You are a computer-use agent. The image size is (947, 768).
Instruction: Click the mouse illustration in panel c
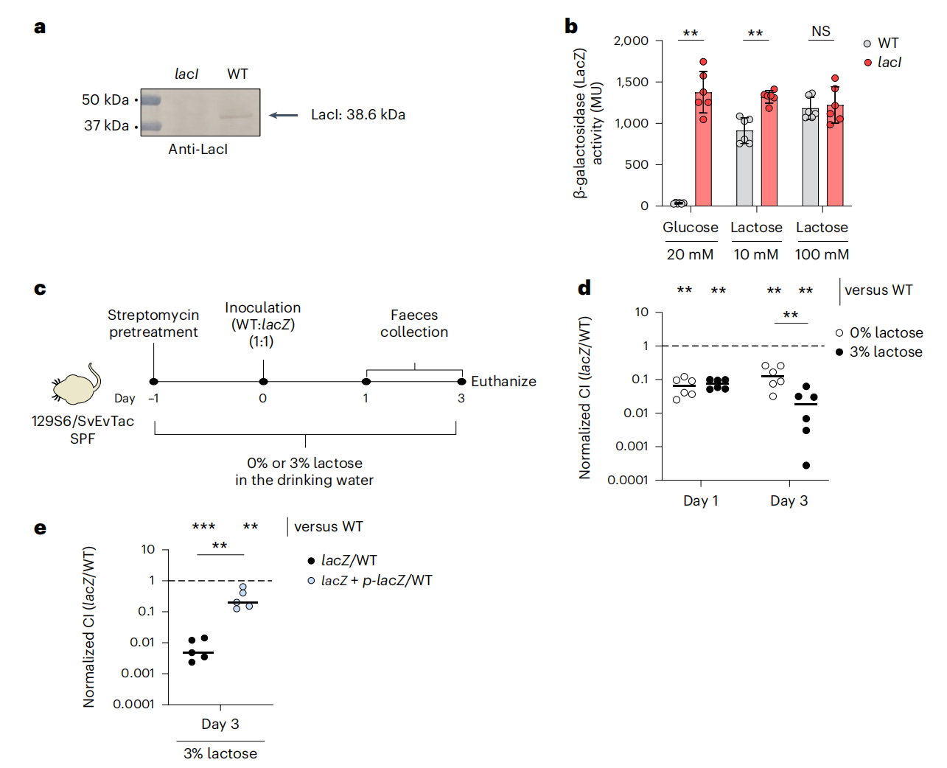[77, 385]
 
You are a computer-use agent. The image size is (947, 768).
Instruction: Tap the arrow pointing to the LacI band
[284, 115]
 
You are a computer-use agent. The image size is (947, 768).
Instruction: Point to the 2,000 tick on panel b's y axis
[631, 41]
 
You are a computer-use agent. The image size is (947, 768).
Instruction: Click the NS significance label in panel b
[820, 32]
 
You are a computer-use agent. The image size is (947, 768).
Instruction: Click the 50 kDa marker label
[105, 100]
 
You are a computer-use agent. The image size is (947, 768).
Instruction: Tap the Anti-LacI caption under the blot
[198, 149]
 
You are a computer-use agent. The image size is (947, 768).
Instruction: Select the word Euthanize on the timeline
[503, 381]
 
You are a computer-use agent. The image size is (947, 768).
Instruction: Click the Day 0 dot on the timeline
[263, 381]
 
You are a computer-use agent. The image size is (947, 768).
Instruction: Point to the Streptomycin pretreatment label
[153, 324]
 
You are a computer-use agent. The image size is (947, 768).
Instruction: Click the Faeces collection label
[414, 324]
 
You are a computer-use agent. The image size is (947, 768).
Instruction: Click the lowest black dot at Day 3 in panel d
[806, 465]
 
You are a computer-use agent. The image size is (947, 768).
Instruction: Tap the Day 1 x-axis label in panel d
[700, 501]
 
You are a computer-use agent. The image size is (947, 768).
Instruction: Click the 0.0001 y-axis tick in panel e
[133, 704]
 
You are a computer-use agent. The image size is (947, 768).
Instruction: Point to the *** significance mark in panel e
[203, 526]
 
